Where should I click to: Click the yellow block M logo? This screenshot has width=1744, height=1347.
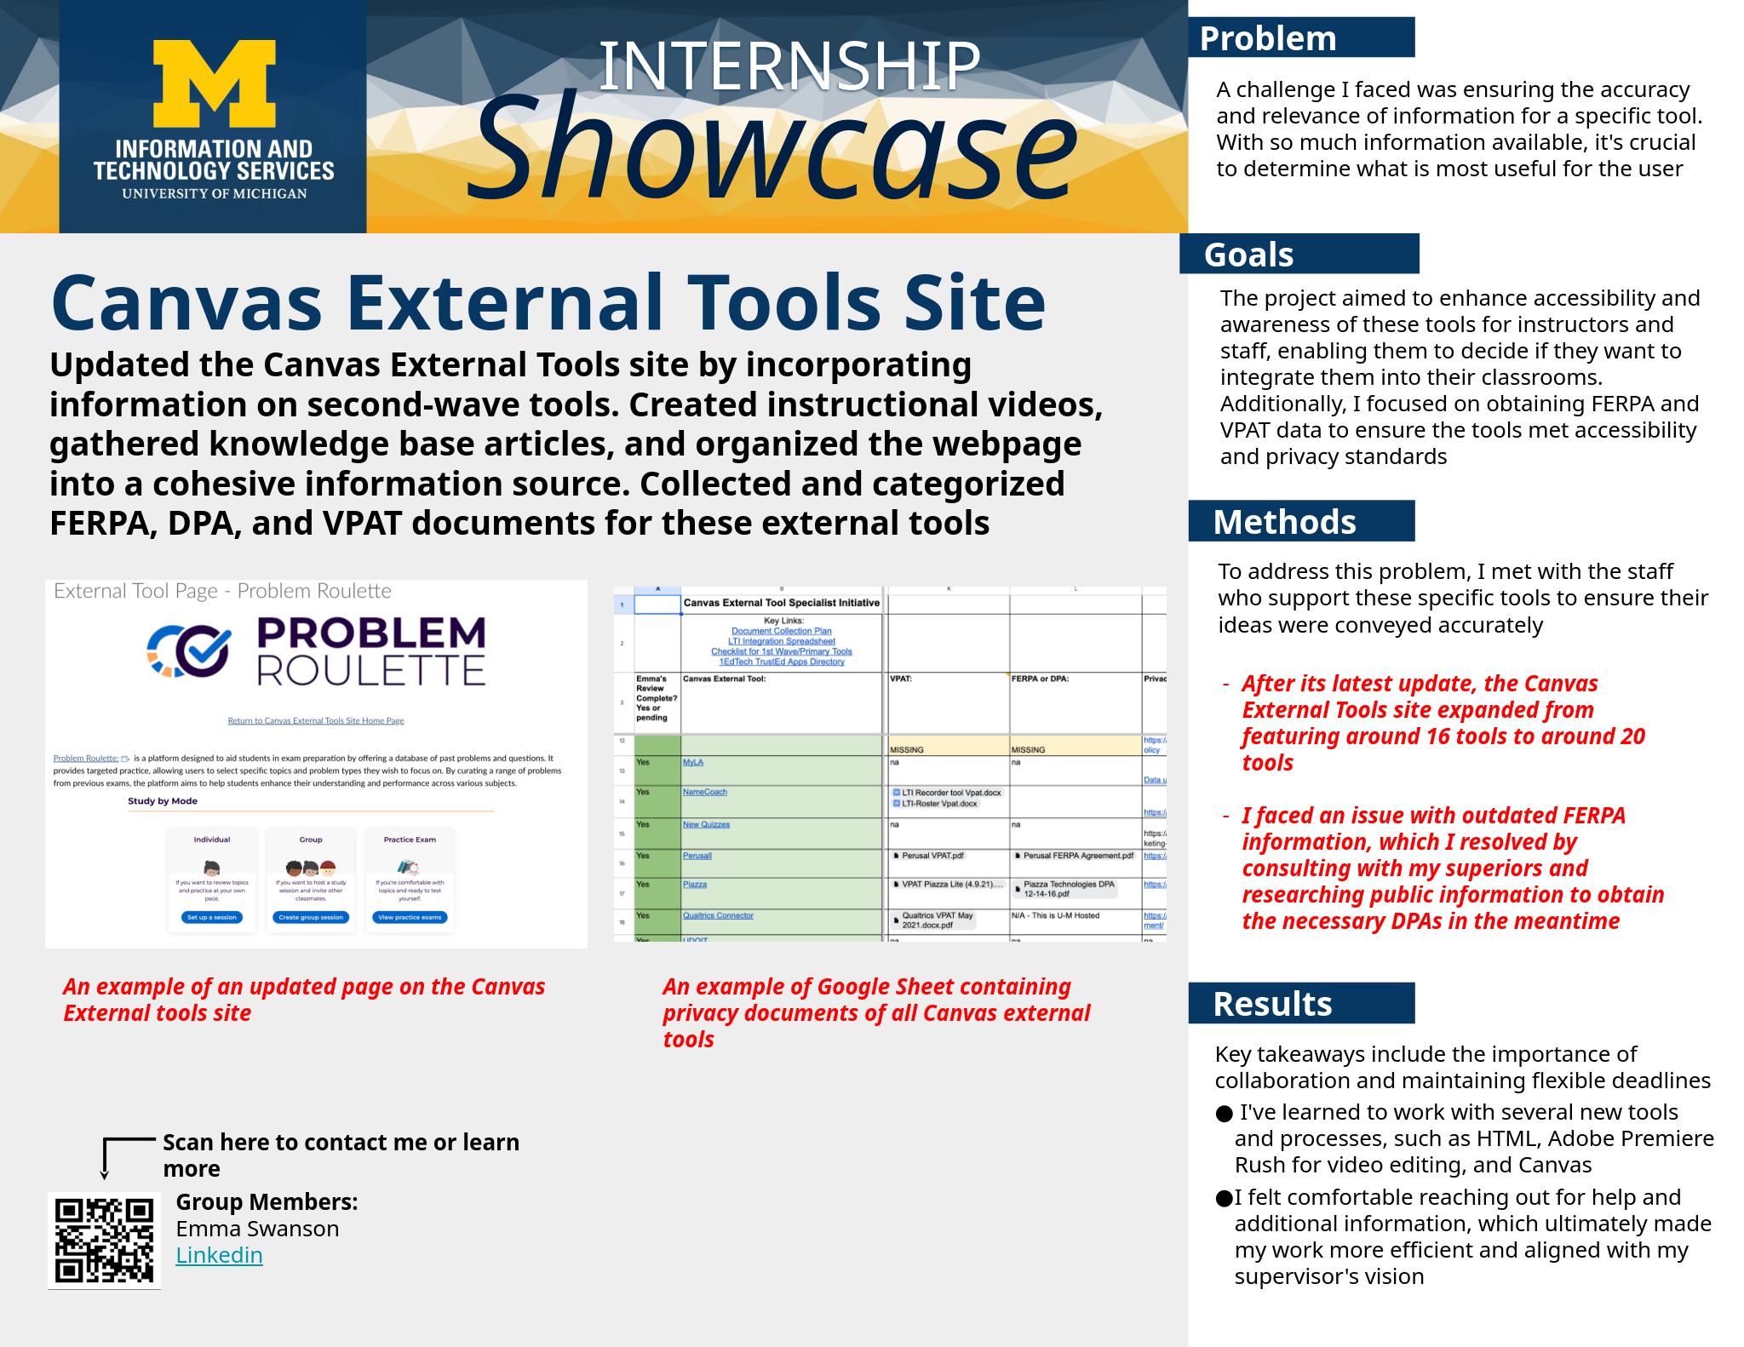pos(214,85)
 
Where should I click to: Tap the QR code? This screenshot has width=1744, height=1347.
pos(105,1240)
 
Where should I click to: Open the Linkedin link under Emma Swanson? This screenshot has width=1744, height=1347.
pos(219,1255)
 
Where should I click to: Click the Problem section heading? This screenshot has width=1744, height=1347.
pos(1267,38)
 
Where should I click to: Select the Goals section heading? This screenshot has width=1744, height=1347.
pos(1248,255)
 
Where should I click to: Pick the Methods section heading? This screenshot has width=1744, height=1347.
pos(1283,522)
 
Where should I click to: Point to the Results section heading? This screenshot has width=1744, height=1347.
pos(1271,1004)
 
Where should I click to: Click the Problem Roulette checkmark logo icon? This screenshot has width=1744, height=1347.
pos(188,651)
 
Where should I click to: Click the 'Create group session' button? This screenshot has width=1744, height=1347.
pos(311,917)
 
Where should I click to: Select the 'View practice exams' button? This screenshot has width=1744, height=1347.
pos(410,917)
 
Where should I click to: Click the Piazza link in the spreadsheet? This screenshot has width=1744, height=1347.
pos(695,885)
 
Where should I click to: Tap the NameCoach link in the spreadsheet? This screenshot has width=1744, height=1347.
pos(704,792)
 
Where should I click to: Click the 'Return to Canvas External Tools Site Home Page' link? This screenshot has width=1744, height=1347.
pos(316,720)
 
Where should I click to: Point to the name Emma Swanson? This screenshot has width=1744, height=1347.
pos(257,1229)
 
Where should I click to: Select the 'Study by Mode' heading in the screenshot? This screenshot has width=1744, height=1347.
pos(163,801)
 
